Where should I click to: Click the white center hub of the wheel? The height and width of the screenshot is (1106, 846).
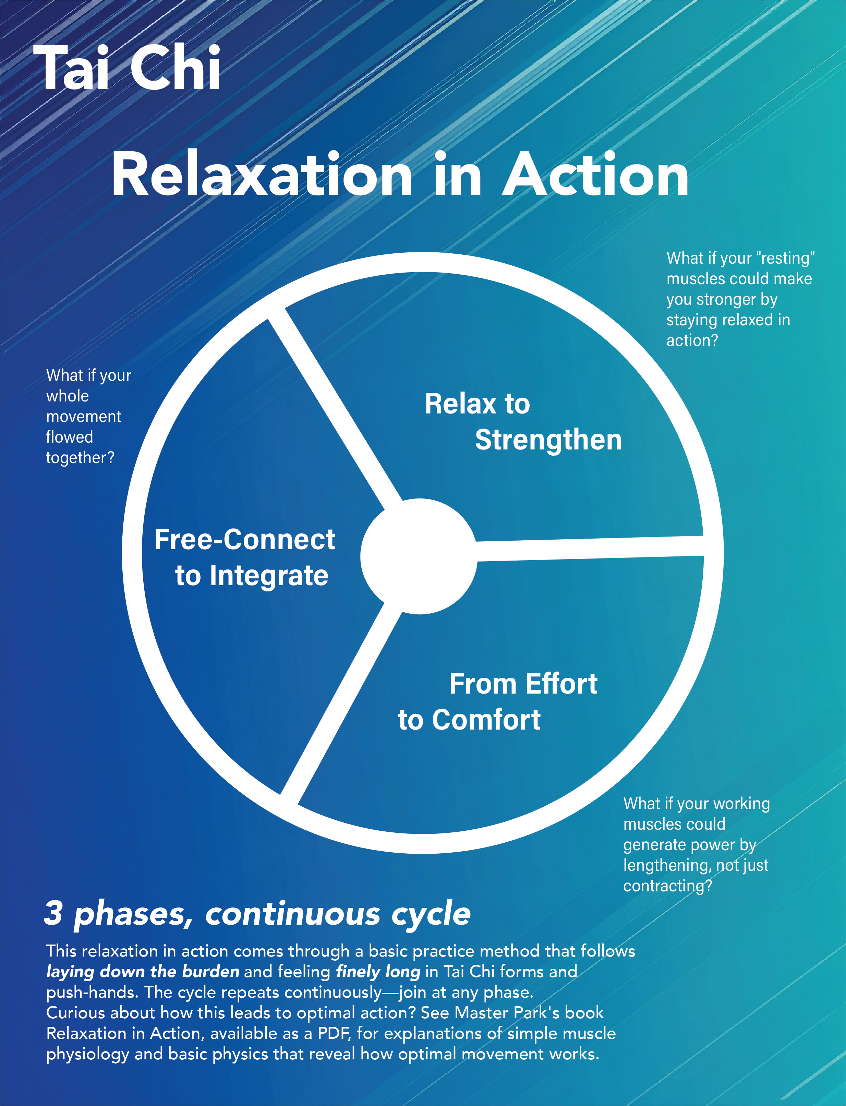point(419,556)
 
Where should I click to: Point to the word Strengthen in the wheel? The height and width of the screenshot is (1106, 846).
point(548,440)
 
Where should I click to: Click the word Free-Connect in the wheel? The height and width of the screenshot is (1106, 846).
point(245,539)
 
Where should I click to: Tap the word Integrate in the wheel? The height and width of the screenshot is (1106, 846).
point(269,576)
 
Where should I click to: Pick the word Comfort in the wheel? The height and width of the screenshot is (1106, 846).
point(486,719)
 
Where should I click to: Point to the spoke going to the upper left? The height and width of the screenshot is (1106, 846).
point(335,403)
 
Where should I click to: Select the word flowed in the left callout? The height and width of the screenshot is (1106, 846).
point(70,437)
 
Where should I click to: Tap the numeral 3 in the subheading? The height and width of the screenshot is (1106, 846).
point(53,913)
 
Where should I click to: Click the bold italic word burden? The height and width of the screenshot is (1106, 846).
point(210,971)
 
